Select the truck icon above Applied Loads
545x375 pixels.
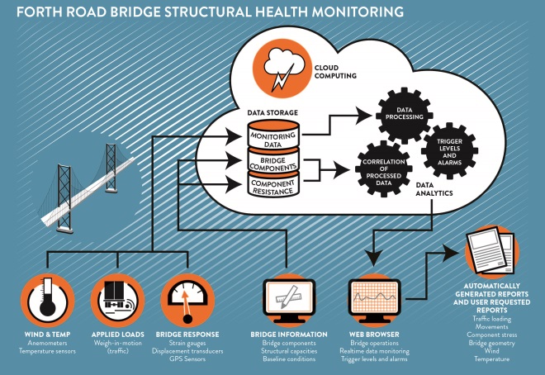(x=118, y=296)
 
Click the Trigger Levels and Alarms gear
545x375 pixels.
(x=449, y=148)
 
